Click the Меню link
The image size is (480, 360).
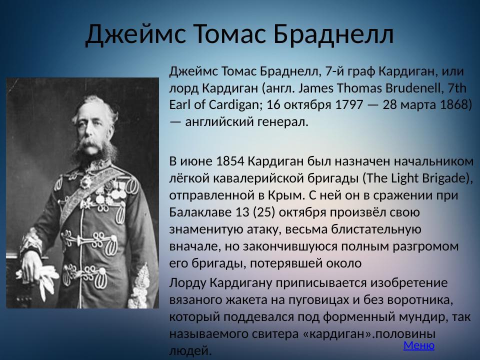pyautogui.click(x=418, y=345)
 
